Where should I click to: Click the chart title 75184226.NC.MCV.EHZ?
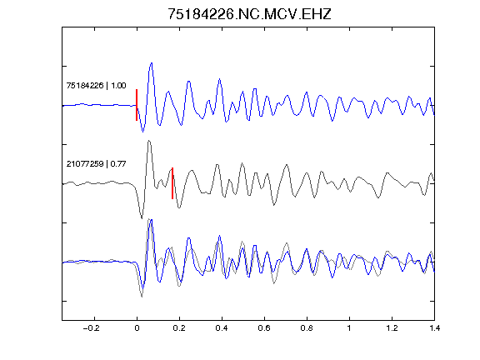pyautogui.click(x=249, y=14)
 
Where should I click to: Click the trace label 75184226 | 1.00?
pyautogui.click(x=96, y=85)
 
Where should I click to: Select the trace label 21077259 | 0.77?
pyautogui.click(x=96, y=164)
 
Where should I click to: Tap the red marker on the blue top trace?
pyautogui.click(x=137, y=105)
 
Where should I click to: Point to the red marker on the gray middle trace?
pyautogui.click(x=172, y=183)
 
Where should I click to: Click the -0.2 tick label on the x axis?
pyautogui.click(x=92, y=328)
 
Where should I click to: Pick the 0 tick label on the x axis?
pyautogui.click(x=137, y=328)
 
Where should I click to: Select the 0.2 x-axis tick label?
pyautogui.click(x=179, y=328)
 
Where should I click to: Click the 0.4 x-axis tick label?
pyautogui.click(x=222, y=328)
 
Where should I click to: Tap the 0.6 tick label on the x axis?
pyautogui.click(x=264, y=328)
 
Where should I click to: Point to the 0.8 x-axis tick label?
pyautogui.click(x=307, y=328)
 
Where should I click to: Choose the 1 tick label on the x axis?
pyautogui.click(x=349, y=328)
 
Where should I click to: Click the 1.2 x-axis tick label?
pyautogui.click(x=392, y=328)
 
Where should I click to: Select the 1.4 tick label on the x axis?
pyautogui.click(x=434, y=328)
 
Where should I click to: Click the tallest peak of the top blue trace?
pyautogui.click(x=151, y=63)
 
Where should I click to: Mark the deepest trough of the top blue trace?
pyautogui.click(x=142, y=132)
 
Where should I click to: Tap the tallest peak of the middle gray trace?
pyautogui.click(x=149, y=141)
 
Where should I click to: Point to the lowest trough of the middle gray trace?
pyautogui.click(x=142, y=218)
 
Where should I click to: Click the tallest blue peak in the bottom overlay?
pyautogui.click(x=151, y=220)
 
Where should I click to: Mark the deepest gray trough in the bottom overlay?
pyautogui.click(x=142, y=297)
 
